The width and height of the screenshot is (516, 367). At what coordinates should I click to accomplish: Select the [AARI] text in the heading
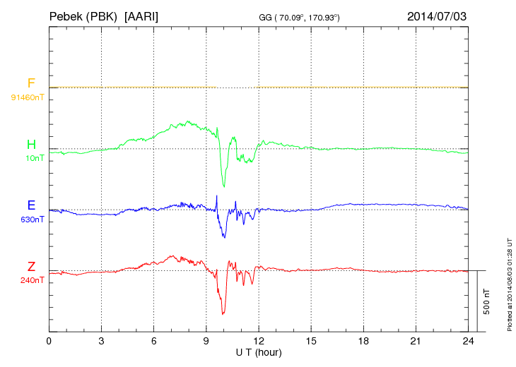coord(145,16)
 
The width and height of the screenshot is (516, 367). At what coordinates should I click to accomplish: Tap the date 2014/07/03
coord(437,16)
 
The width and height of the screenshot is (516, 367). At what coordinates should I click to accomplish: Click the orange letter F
coord(31,83)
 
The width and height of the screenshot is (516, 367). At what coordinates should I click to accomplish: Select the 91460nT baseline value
coord(27,97)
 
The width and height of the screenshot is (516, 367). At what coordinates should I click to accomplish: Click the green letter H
coord(31,145)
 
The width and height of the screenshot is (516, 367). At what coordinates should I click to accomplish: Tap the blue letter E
coord(31,206)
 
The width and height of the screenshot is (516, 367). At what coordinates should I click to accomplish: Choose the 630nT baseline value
coord(31,219)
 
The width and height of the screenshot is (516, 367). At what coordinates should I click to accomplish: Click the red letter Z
coord(31,267)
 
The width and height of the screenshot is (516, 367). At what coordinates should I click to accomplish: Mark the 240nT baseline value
coord(31,280)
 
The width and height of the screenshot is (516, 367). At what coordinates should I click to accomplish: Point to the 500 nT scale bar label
coord(486,301)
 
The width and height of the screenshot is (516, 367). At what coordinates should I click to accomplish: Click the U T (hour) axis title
coord(259,351)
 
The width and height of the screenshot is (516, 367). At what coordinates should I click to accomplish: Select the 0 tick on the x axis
coord(49,341)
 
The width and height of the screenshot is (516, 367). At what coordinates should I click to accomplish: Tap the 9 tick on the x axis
coord(206,341)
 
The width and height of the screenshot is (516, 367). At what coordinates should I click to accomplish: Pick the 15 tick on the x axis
coord(311,341)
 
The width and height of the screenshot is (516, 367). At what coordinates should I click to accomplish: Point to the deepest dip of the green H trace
coord(224,186)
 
